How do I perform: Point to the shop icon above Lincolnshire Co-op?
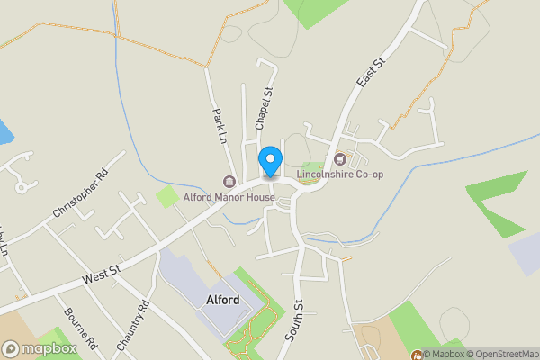click(x=339, y=160)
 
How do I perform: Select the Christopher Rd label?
click(x=80, y=193)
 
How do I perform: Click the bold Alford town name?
click(x=221, y=301)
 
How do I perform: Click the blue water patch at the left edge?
click(x=5, y=132)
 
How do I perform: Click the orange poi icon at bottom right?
click(x=416, y=353)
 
